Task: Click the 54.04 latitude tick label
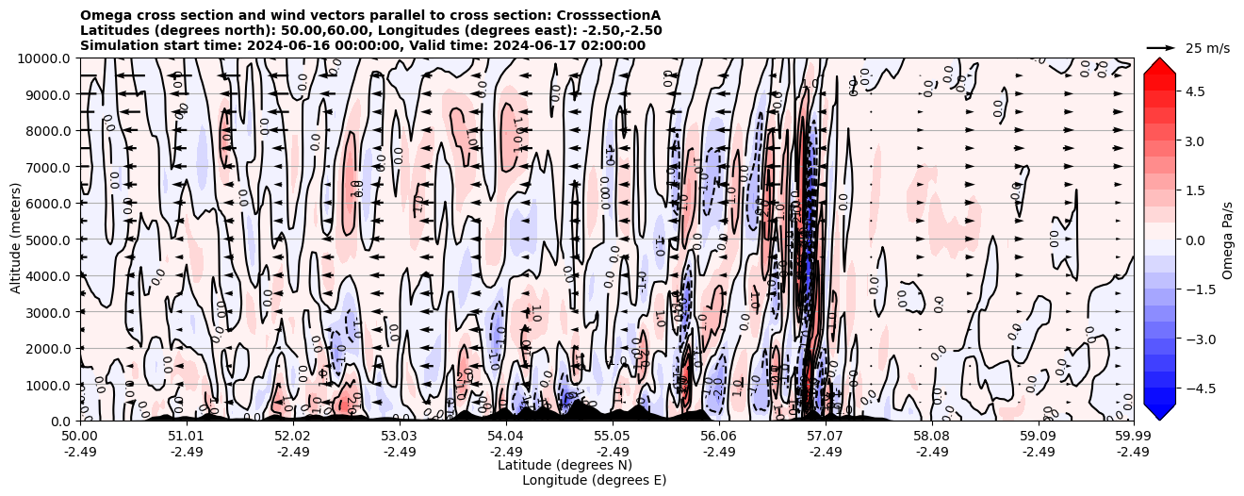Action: click(x=506, y=437)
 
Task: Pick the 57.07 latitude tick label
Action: click(x=826, y=437)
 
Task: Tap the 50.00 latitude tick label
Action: click(x=80, y=437)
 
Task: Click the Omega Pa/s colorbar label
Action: click(x=1228, y=240)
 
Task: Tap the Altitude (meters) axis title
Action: click(x=16, y=240)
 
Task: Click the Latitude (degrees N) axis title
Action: click(x=565, y=465)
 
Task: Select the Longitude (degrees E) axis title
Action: click(x=594, y=480)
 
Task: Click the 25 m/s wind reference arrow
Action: click(x=1161, y=47)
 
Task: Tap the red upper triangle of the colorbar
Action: click(x=1159, y=69)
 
